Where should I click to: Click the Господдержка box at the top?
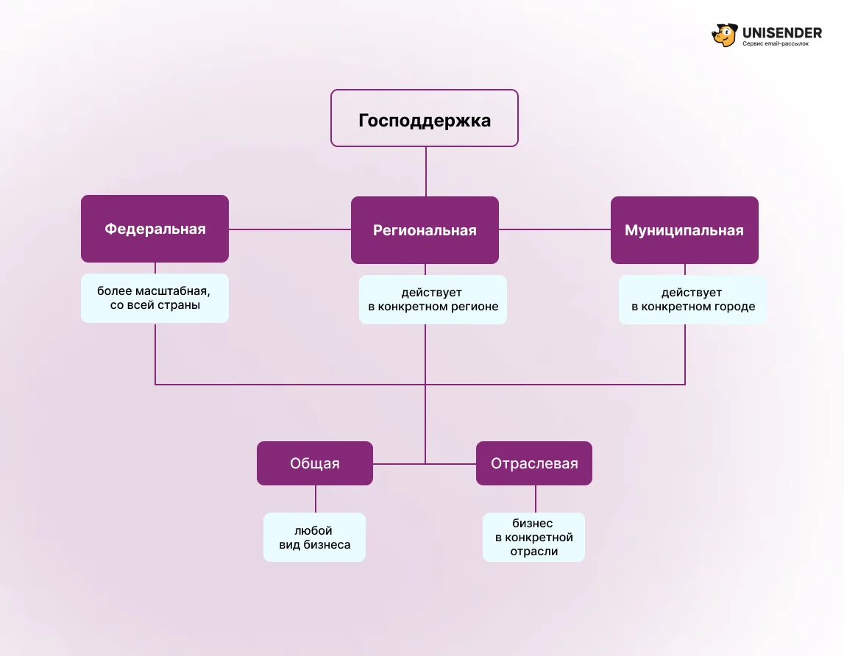tap(424, 118)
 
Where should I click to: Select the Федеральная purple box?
tap(155, 229)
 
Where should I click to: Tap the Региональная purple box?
tap(425, 230)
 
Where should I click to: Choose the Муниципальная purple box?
tap(684, 230)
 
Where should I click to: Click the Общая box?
tap(315, 463)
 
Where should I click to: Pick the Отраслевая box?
tap(534, 463)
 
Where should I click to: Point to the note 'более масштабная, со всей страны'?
tap(155, 298)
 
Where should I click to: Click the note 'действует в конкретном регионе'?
tap(433, 299)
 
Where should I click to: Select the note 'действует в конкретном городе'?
tap(692, 299)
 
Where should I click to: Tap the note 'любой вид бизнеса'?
tap(314, 538)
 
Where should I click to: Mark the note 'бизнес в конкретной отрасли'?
tap(533, 538)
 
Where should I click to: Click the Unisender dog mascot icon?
tap(724, 35)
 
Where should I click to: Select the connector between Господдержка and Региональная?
tap(425, 171)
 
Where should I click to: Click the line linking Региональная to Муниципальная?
tap(554, 229)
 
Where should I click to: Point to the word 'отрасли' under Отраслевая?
tap(534, 551)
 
